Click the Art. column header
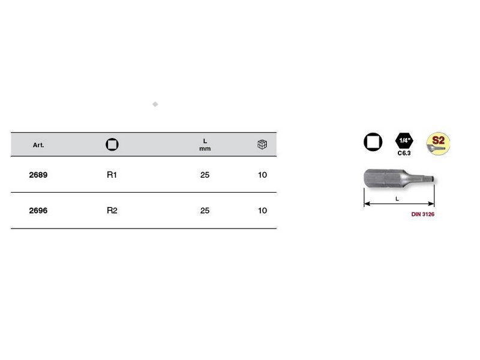click(38, 145)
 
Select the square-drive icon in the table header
click(112, 145)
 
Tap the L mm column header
click(205, 145)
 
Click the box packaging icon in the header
click(262, 145)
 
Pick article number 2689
click(38, 175)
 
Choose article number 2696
click(38, 211)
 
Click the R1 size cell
click(112, 175)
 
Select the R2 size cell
click(112, 211)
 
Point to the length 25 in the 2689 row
click(205, 175)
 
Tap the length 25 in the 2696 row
click(205, 211)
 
